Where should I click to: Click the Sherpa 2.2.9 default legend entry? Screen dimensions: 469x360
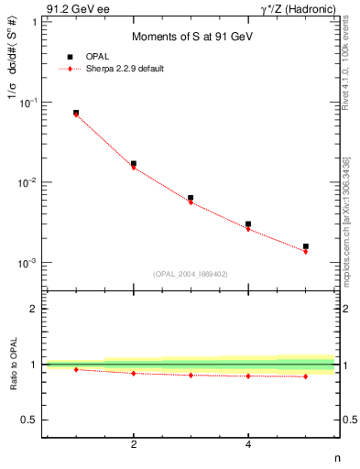pos(125,69)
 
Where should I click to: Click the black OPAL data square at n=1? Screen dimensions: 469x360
pos(76,113)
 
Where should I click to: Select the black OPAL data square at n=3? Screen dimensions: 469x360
pos(191,198)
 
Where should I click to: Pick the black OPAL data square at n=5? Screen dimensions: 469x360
pos(306,246)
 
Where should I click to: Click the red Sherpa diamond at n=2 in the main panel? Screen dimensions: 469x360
pos(134,168)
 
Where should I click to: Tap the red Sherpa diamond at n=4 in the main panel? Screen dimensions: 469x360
pos(248,229)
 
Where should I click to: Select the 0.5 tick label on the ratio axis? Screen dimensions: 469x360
pos(30,420)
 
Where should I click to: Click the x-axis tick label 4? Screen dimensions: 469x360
pos(248,444)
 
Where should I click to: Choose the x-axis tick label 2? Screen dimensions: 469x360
pos(134,444)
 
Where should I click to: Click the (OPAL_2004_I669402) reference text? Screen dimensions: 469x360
pos(191,272)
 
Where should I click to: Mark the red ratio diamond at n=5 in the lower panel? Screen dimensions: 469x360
pos(306,376)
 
